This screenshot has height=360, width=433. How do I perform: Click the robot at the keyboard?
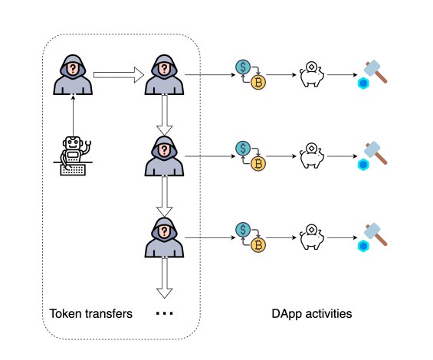pos(74,155)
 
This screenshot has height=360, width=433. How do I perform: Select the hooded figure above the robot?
pos(74,75)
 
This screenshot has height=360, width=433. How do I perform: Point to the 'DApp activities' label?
pos(312,314)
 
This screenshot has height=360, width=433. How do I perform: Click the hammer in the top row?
pos(376,71)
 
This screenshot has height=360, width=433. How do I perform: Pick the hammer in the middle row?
pos(376,152)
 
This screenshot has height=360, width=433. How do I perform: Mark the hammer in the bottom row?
pos(376,234)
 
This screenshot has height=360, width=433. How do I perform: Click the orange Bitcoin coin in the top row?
pos(258,83)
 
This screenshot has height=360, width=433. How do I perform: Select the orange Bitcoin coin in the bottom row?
pos(258,245)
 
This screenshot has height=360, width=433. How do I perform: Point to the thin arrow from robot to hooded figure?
pos(74,115)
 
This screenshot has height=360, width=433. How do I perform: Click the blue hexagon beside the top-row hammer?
pos(363,82)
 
